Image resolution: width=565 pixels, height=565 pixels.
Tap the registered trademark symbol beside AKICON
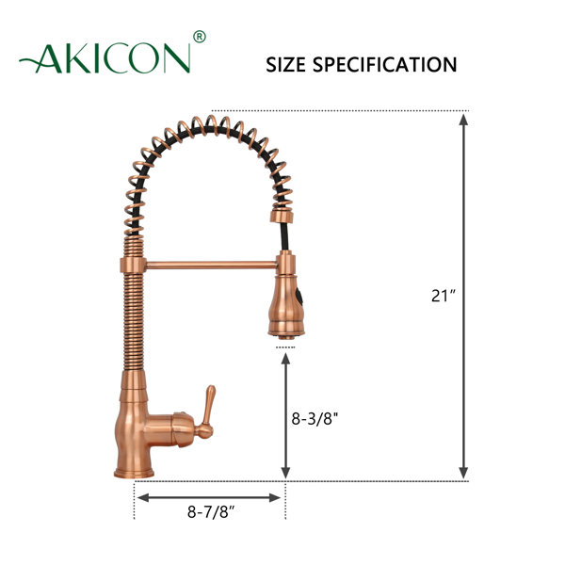click(199, 38)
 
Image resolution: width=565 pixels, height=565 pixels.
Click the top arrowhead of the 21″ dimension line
click(463, 119)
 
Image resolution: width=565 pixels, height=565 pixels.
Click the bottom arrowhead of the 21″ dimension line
click(463, 473)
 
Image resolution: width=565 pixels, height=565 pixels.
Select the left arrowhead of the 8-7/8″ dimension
click(141, 496)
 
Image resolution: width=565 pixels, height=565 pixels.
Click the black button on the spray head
click(299, 302)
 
